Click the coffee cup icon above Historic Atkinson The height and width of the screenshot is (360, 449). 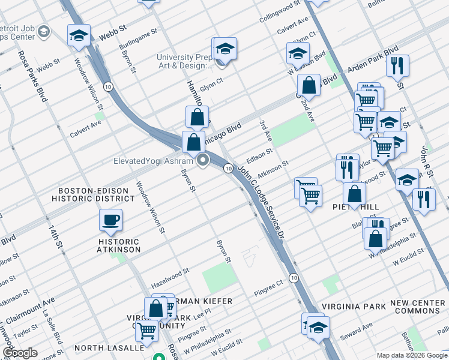(111, 221)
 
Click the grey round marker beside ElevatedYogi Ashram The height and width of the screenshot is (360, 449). (203, 160)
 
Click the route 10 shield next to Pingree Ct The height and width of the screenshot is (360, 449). (293, 277)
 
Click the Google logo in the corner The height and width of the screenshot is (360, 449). (20, 353)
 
